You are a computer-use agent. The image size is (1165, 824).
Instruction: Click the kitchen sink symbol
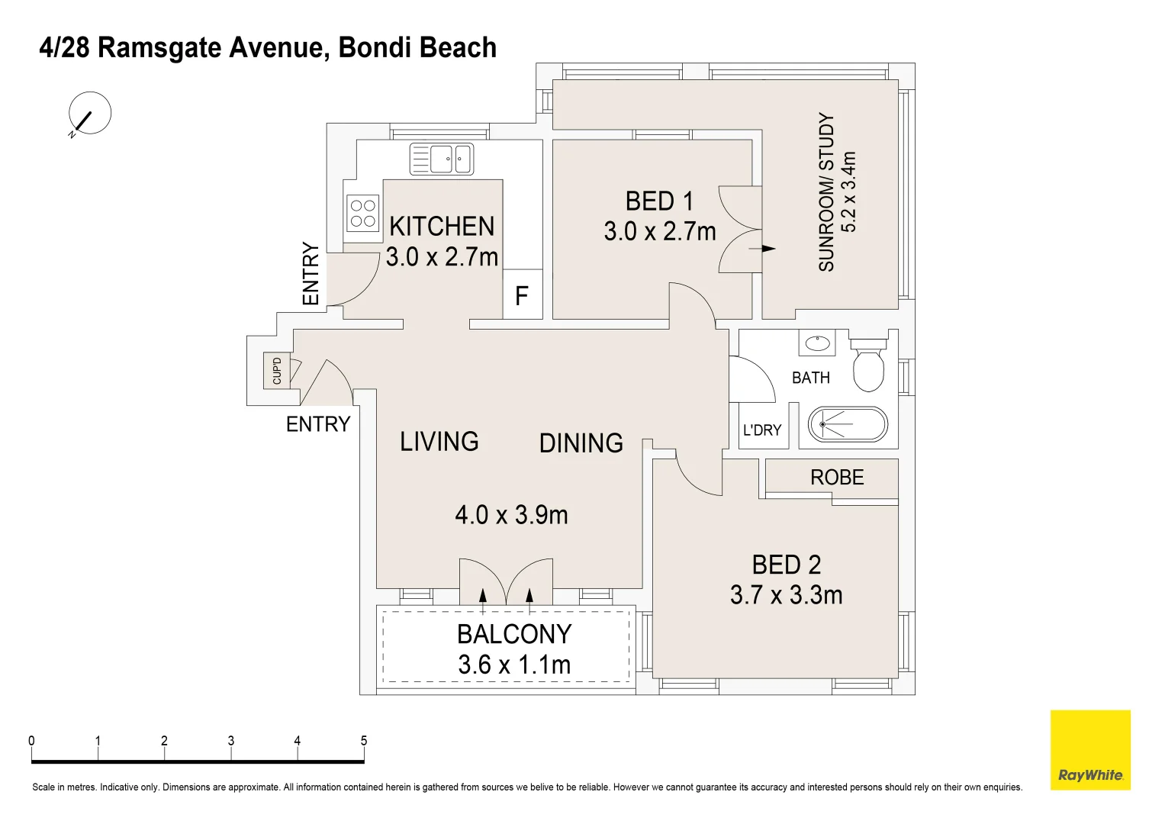point(442,159)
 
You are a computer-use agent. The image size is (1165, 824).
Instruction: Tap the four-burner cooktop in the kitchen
point(362,213)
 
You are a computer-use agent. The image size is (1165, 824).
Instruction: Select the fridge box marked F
point(523,295)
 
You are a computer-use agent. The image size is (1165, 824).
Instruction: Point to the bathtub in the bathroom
point(848,424)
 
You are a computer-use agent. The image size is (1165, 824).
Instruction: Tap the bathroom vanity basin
point(817,343)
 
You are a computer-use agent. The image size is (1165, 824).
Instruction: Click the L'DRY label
point(762,430)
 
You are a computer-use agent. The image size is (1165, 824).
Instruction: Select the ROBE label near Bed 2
point(837,477)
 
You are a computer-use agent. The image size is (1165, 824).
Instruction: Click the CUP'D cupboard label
point(277,370)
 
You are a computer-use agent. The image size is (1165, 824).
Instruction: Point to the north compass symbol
point(89,114)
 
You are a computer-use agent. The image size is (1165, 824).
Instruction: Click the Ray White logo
point(1090,750)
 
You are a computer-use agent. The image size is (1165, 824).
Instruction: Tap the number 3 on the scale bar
point(231,740)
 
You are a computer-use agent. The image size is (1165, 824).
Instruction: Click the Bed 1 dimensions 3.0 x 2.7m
point(659,231)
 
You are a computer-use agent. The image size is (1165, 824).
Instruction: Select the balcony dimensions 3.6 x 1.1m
point(514,665)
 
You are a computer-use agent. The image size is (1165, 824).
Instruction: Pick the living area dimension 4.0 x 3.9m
point(511,515)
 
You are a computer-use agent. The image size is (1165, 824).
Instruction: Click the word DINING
point(581,443)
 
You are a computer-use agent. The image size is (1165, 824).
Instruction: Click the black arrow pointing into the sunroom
point(762,249)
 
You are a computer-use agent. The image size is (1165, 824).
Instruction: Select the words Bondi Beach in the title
point(417,47)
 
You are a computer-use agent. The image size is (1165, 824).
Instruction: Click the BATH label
point(811,378)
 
